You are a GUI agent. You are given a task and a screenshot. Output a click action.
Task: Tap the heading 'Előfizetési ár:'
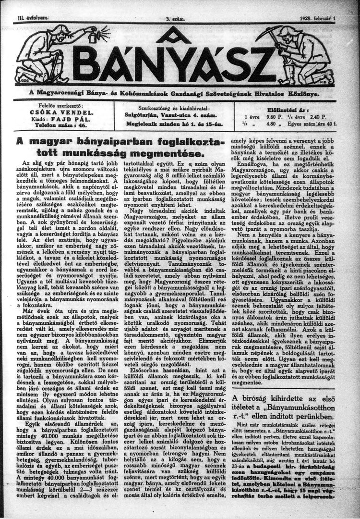click(x=299, y=109)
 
